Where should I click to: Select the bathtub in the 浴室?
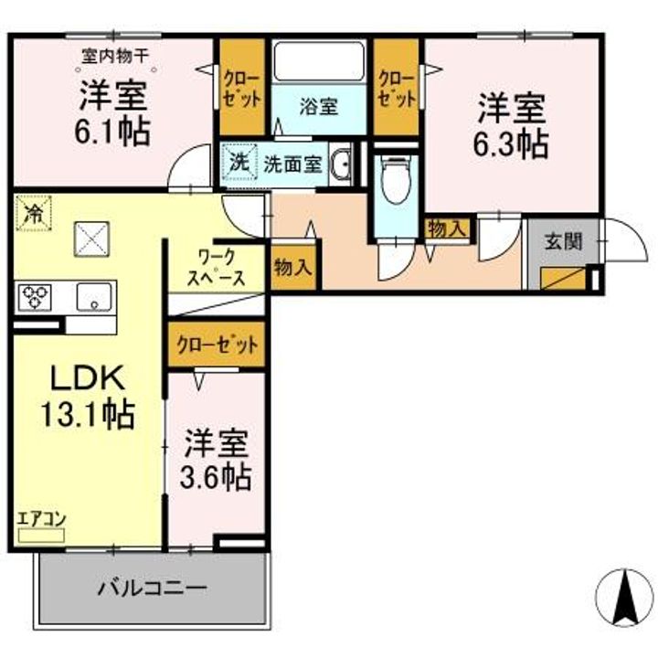pos(319,61)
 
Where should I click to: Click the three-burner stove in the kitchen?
pos(34,297)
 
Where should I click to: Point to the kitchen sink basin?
pos(94,297)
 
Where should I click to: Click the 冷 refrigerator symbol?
pos(34,213)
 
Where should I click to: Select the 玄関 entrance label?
pos(564,241)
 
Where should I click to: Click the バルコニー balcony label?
pos(153,588)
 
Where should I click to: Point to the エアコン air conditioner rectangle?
pos(41,536)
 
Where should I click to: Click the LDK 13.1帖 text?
pos(88,397)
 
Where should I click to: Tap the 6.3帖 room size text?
pos(511,144)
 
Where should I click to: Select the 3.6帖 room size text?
pos(216,478)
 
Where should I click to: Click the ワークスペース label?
pos(216,267)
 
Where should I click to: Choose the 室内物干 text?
pos(114,56)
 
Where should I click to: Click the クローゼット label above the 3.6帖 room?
pos(217,345)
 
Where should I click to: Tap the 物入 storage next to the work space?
pos(293,267)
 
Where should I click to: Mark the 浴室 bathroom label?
pos(319,107)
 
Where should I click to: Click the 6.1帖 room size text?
pos(112,132)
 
